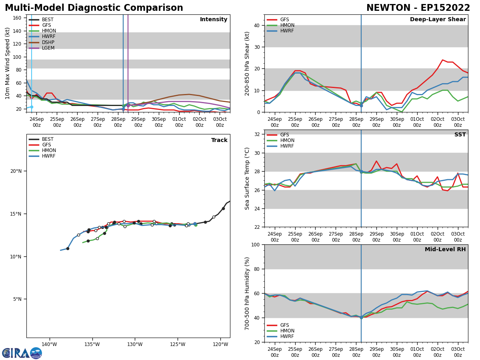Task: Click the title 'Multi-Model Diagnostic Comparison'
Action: [x=94, y=8]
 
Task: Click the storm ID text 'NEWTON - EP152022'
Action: [x=418, y=8]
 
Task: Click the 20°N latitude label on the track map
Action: [x=16, y=171]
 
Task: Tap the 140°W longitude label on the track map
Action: [x=49, y=344]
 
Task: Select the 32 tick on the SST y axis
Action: [x=258, y=134]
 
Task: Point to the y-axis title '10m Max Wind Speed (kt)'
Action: [x=8, y=63]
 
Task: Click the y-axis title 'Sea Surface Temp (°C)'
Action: [x=247, y=178]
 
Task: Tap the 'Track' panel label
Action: [x=219, y=140]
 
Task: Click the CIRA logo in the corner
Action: [x=22, y=353]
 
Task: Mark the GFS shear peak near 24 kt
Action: [x=442, y=60]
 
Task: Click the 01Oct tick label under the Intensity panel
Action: [x=179, y=122]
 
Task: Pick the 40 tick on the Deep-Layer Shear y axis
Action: [x=258, y=25]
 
